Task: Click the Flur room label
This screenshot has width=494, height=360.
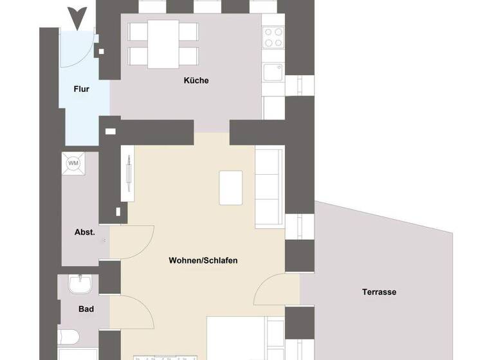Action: click(81, 89)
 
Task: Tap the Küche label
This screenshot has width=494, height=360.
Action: click(196, 80)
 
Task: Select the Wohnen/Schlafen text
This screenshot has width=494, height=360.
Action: click(203, 260)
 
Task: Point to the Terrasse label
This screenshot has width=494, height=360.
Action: click(379, 292)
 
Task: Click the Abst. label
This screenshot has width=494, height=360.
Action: click(84, 232)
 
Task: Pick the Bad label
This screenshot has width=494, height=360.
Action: click(86, 309)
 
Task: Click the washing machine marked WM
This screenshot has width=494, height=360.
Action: click(73, 163)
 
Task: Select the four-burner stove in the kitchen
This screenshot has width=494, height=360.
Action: click(273, 37)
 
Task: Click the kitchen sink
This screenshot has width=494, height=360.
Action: click(273, 71)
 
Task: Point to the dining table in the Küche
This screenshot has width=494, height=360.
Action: click(163, 44)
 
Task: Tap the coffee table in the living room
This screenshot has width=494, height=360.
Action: click(231, 187)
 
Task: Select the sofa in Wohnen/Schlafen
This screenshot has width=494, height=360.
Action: click(270, 186)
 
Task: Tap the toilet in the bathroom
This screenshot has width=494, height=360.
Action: click(68, 337)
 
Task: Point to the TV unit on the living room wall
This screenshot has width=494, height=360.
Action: click(128, 174)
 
